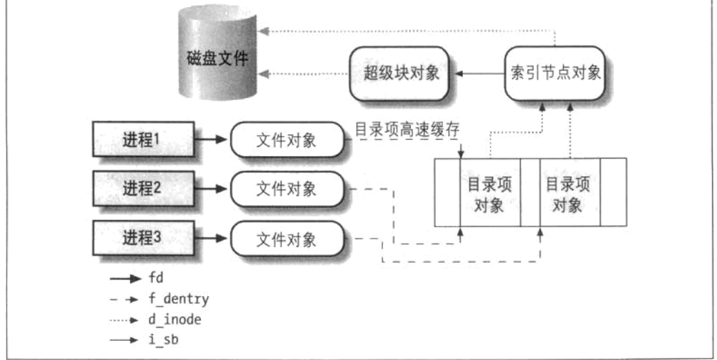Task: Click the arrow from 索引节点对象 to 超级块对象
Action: (x=480, y=73)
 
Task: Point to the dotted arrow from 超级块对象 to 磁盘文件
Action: (x=302, y=73)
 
